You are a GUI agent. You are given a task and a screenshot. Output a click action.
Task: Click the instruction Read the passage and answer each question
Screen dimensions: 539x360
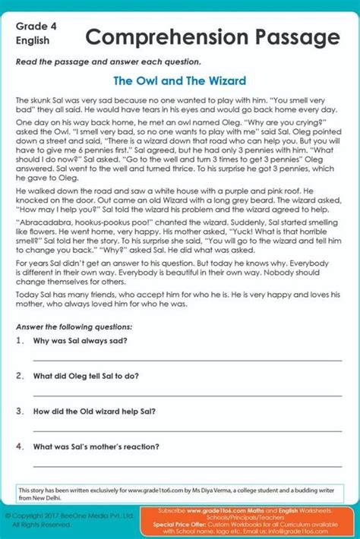click(109, 61)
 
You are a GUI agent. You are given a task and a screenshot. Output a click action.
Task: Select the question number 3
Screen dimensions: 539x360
click(20, 411)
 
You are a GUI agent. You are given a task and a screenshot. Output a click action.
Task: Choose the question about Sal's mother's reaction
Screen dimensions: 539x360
click(96, 446)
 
